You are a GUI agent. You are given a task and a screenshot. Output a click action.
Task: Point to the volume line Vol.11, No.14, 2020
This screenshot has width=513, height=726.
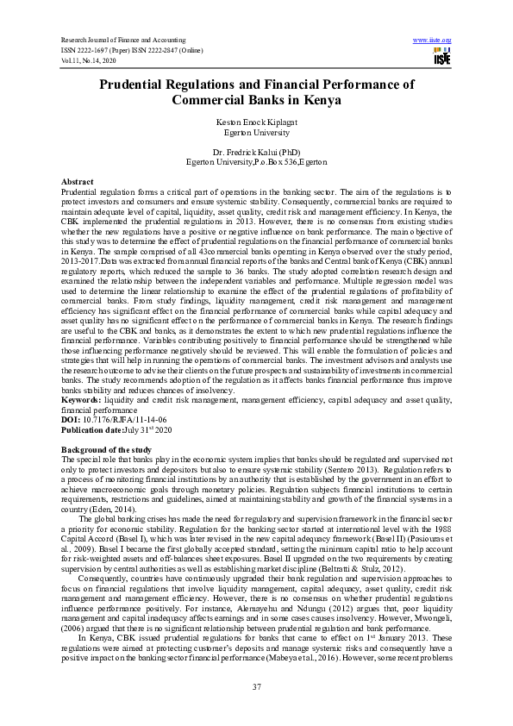(91, 60)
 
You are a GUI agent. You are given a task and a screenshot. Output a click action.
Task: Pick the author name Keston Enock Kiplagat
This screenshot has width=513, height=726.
(256, 123)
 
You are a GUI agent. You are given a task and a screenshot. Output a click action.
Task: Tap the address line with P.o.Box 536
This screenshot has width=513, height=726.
(256, 162)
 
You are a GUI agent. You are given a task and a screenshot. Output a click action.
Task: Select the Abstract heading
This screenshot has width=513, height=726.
(78, 182)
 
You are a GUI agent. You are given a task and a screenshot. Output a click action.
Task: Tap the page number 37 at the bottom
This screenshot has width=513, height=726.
(256, 686)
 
